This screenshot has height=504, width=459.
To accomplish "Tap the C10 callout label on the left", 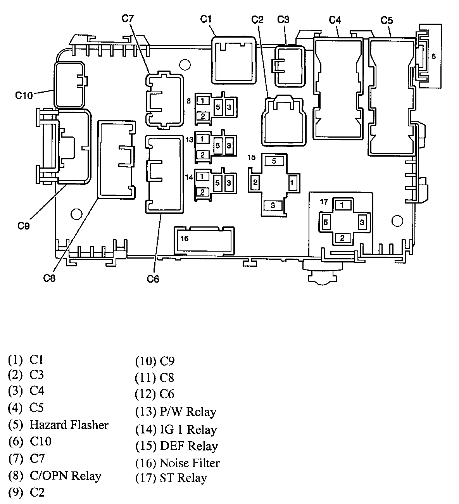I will [x=24, y=95].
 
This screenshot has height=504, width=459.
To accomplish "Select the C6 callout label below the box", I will [x=153, y=278].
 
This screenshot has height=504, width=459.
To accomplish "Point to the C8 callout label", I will [x=50, y=278].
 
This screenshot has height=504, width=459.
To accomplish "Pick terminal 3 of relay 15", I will [x=273, y=205].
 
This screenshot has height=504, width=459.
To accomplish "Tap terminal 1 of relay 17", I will [x=342, y=205].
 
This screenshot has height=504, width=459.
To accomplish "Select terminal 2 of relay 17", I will [x=342, y=238].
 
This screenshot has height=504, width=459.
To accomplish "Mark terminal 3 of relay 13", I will [x=229, y=145].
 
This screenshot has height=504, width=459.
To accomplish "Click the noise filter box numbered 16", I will [x=204, y=240].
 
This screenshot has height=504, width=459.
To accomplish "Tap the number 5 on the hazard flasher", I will [x=433, y=57].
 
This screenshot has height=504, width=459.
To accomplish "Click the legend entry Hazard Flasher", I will [x=69, y=425].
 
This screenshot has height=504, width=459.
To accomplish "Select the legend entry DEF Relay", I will [x=188, y=446].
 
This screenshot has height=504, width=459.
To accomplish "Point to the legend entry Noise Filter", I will [x=190, y=463].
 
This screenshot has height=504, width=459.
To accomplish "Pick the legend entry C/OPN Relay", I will [x=65, y=476].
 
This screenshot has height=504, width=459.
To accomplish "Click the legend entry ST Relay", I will [x=183, y=478].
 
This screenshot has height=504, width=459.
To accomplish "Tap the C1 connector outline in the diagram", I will [x=234, y=60].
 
